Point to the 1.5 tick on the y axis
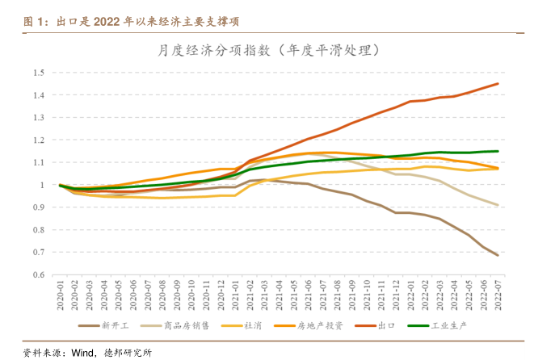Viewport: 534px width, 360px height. point(38,73)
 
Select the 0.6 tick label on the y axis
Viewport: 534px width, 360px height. point(38,274)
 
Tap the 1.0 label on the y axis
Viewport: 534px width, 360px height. point(38,185)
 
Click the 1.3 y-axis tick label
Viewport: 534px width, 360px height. point(38,118)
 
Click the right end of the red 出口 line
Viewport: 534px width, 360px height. point(498,84)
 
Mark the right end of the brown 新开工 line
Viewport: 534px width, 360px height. point(498,255)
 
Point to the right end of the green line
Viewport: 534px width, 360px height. point(498,151)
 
